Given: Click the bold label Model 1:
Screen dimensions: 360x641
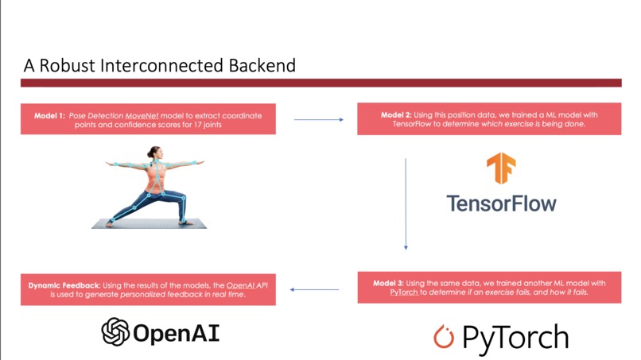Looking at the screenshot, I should tap(50, 115).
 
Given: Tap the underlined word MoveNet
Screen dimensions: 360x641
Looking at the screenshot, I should tap(140, 115).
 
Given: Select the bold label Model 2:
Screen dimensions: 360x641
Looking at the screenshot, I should tap(397, 114).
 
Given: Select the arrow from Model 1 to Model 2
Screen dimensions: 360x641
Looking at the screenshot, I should tap(318, 119).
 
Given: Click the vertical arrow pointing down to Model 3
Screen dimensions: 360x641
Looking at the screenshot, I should tap(406, 203).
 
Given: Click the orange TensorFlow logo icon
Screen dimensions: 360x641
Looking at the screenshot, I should tap(501, 168).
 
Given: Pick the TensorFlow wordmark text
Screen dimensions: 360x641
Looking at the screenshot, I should tap(501, 202).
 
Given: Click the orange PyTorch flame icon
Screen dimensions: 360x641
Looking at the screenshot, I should tap(443, 337).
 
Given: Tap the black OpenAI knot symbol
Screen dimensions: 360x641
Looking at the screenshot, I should tap(115, 331).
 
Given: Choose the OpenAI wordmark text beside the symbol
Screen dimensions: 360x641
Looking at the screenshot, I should tap(176, 332).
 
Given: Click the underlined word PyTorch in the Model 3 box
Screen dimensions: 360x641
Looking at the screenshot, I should tap(404, 292).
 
